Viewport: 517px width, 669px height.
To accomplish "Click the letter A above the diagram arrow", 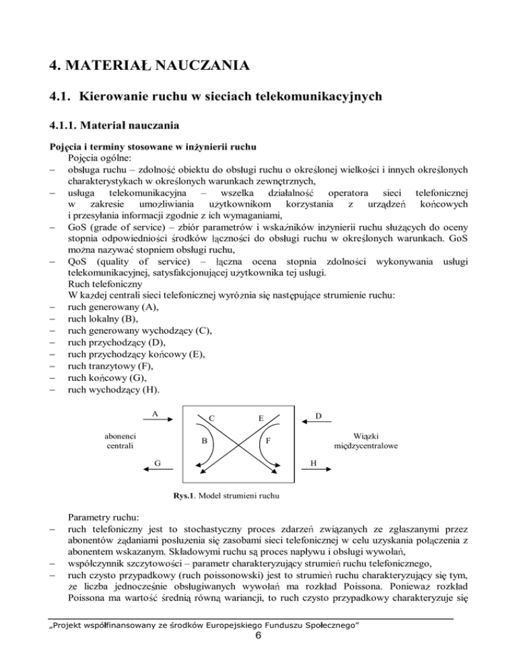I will click(x=155, y=414).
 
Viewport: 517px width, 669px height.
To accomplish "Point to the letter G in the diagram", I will click(x=157, y=462).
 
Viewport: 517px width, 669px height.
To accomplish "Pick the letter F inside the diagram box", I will click(x=268, y=442).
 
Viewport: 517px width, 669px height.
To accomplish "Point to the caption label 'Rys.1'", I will click(x=185, y=497).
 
